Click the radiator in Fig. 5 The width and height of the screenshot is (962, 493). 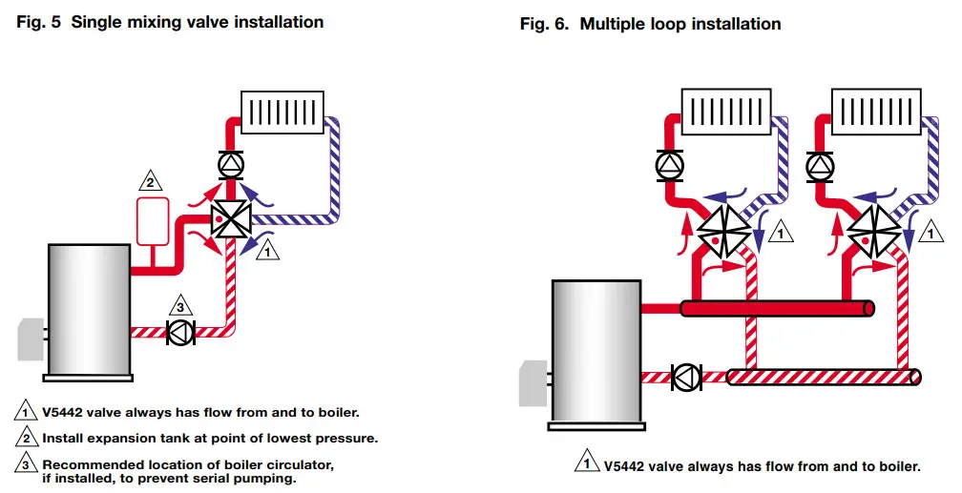pos(282,113)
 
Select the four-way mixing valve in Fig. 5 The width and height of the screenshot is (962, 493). pos(229,218)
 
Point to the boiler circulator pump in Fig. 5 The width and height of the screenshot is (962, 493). pos(179,332)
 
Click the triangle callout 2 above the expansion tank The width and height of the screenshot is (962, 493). pos(149,179)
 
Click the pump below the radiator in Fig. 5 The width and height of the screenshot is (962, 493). pos(229,163)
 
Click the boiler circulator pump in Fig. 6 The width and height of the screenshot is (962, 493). pos(685,377)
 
